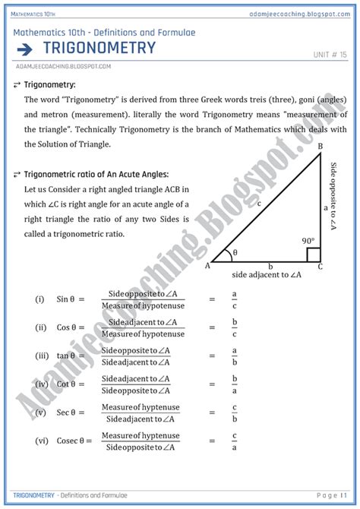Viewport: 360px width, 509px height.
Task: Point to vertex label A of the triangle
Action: point(207,265)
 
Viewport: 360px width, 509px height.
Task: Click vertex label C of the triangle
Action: point(320,267)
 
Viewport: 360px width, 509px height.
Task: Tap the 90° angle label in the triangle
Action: point(308,242)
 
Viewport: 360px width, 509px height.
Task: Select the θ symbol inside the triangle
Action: point(235,252)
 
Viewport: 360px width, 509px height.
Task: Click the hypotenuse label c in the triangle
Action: point(259,204)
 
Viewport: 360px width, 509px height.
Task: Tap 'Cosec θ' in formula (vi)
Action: point(74,440)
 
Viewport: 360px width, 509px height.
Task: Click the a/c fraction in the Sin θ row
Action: point(235,300)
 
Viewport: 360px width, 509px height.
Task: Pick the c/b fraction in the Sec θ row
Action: point(235,413)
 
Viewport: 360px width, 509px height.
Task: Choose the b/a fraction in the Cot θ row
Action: point(235,384)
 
